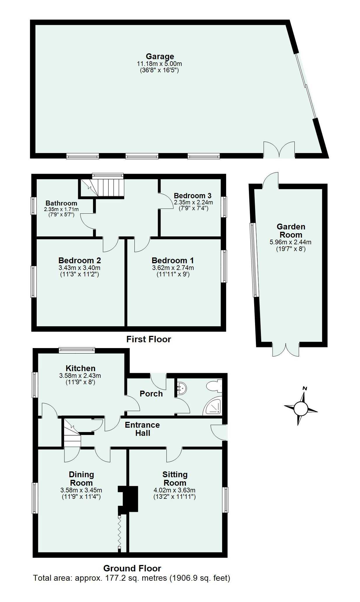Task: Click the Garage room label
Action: pos(160,56)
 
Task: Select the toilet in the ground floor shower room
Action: pos(214,387)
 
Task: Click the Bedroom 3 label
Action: pos(192,196)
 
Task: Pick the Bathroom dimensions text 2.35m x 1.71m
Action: pos(61,209)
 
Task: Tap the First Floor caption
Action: pos(149,339)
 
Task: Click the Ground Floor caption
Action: pos(132,568)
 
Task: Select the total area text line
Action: pos(132,578)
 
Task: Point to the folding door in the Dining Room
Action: pos(120,533)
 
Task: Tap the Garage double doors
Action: pos(279,150)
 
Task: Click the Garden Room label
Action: pos(291,231)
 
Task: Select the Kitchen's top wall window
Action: pos(77,350)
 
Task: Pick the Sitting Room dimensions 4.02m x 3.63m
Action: pos(174,490)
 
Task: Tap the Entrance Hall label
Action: pos(142,429)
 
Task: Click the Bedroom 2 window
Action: pos(34,282)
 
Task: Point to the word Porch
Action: pos(151,394)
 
